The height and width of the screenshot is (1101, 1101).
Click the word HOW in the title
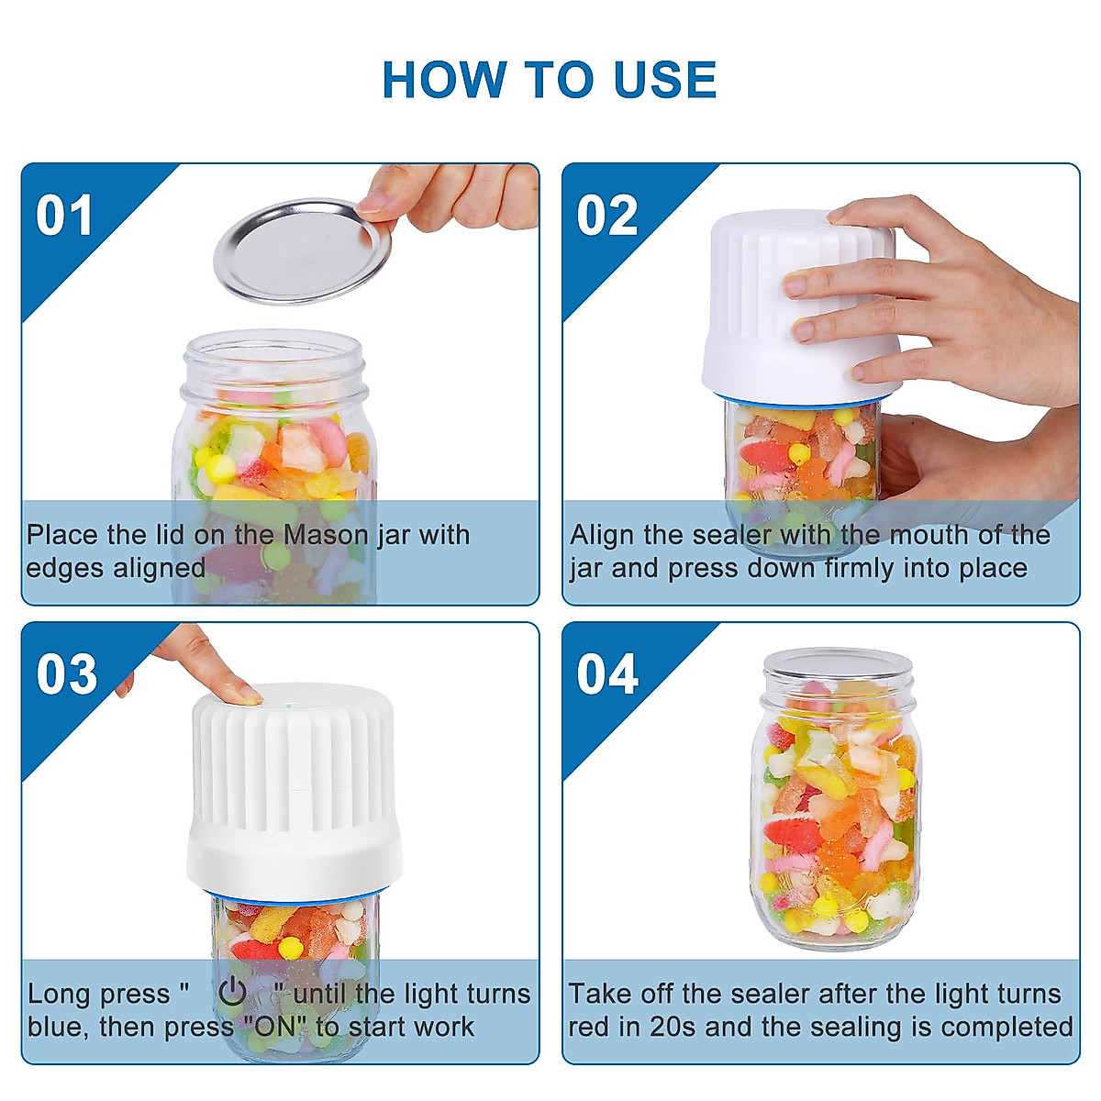pyautogui.click(x=444, y=79)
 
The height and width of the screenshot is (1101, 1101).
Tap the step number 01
pyautogui.click(x=64, y=216)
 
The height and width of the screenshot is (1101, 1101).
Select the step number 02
pyautogui.click(x=606, y=216)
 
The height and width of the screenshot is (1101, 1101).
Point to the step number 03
pyautogui.click(x=67, y=674)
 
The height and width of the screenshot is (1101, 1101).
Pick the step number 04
pyautogui.click(x=607, y=674)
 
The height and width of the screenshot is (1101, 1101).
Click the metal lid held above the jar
pyautogui.click(x=303, y=251)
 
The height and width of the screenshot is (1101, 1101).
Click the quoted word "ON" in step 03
pyautogui.click(x=276, y=1027)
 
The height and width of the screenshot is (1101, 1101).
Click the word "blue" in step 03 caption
pyautogui.click(x=55, y=1027)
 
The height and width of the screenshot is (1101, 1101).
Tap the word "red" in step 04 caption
pyautogui.click(x=589, y=1027)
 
